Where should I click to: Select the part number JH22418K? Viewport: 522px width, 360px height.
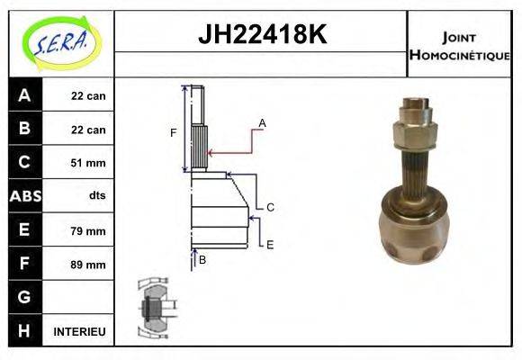click(x=261, y=35)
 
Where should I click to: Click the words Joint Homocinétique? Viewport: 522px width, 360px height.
click(x=459, y=46)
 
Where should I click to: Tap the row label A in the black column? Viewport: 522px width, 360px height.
click(x=24, y=95)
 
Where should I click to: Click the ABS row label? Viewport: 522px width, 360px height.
click(x=24, y=196)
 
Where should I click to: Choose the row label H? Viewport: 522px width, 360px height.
click(x=24, y=331)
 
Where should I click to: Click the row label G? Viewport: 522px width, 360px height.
click(x=24, y=297)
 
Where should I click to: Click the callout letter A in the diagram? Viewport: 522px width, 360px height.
click(x=262, y=122)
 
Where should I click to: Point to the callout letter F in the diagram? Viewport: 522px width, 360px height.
click(x=173, y=133)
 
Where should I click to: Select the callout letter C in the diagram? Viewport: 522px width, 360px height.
click(x=269, y=207)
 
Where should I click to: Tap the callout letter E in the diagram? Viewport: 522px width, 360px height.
click(x=269, y=244)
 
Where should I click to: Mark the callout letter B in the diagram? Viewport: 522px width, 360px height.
click(x=202, y=260)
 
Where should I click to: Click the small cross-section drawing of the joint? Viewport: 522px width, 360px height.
click(x=156, y=307)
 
